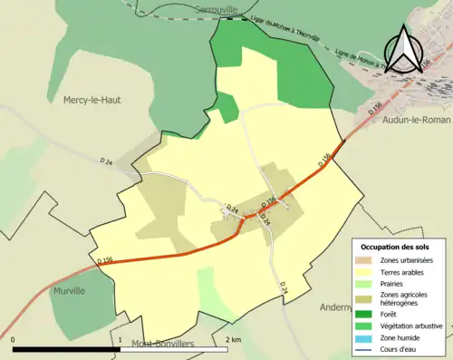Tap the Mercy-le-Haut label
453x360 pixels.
tap(92, 100)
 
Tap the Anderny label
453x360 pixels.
tap(338, 306)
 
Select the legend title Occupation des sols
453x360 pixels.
tap(401, 247)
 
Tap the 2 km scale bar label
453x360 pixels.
tap(233, 339)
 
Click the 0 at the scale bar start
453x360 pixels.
tap(14, 339)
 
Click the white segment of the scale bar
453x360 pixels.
tap(174, 349)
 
